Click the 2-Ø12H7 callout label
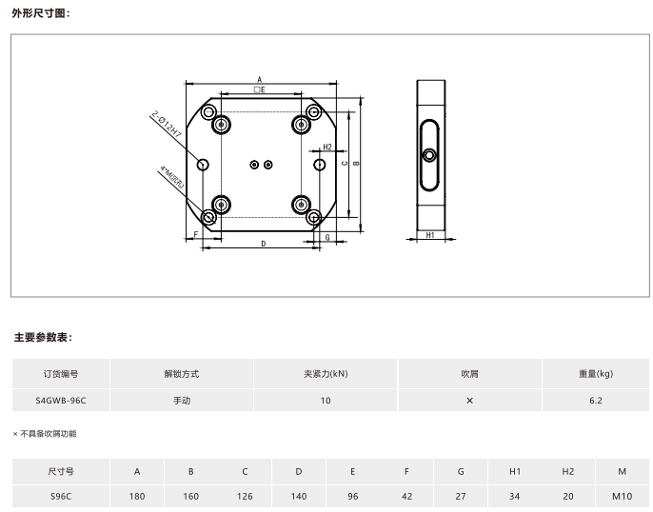(167, 124)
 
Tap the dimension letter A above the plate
(260, 79)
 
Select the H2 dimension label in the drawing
(327, 147)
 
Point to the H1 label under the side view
(430, 235)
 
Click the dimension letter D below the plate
(263, 244)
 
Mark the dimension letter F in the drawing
(196, 235)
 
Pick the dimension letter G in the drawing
(327, 237)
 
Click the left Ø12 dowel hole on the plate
(203, 165)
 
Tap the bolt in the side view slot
(429, 156)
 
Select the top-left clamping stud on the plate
(221, 125)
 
